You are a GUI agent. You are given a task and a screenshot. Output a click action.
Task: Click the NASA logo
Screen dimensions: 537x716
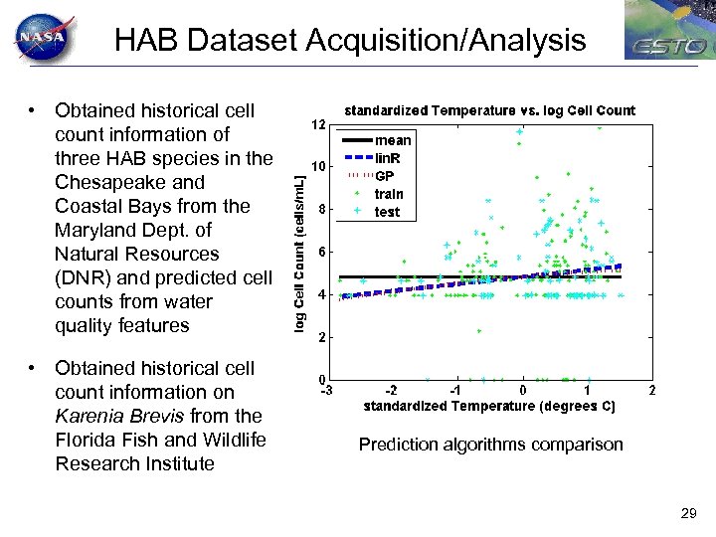coord(41,39)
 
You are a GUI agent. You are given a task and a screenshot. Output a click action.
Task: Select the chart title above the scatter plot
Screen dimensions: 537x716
coord(489,110)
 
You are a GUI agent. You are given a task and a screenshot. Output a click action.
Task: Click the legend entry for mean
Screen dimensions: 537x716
coord(393,140)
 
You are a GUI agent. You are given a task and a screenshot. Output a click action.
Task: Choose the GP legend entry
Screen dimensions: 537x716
coord(385,176)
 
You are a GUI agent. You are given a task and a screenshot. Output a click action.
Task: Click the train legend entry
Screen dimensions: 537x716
coord(389,194)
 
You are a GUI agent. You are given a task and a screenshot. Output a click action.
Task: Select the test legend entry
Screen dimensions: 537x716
coord(388,212)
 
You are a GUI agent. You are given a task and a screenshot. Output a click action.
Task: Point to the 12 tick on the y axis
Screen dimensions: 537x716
coord(316,125)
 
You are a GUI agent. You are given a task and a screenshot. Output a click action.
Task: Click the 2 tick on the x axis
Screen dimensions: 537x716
coord(652,391)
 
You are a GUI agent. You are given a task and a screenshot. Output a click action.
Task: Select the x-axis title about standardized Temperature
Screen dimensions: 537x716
coord(489,407)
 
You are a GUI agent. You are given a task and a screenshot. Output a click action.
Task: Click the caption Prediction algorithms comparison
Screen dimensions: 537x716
coord(490,445)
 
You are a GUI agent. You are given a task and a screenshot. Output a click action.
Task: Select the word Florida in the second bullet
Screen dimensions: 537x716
coord(88,440)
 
